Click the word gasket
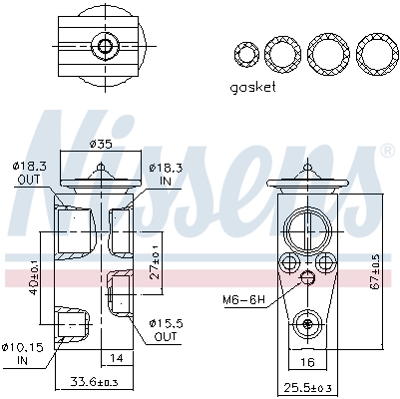tap(252, 87)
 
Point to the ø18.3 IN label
tap(165, 172)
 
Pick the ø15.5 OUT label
tap(166, 330)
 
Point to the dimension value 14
tap(117, 356)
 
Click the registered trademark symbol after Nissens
tap(387, 151)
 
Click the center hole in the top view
tap(103, 46)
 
